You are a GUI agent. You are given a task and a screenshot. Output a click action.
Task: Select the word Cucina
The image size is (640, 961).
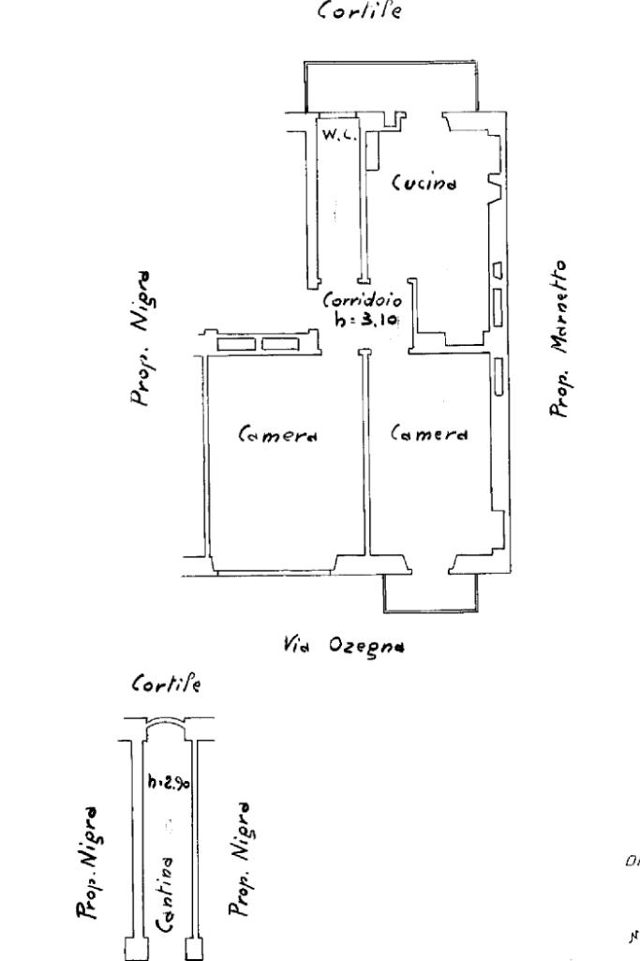[424, 182]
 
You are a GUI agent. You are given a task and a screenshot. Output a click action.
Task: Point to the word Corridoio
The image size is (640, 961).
[363, 302]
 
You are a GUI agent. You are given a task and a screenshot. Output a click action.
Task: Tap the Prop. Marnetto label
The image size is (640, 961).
[559, 338]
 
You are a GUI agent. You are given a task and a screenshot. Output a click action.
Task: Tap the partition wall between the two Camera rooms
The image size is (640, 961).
[366, 450]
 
